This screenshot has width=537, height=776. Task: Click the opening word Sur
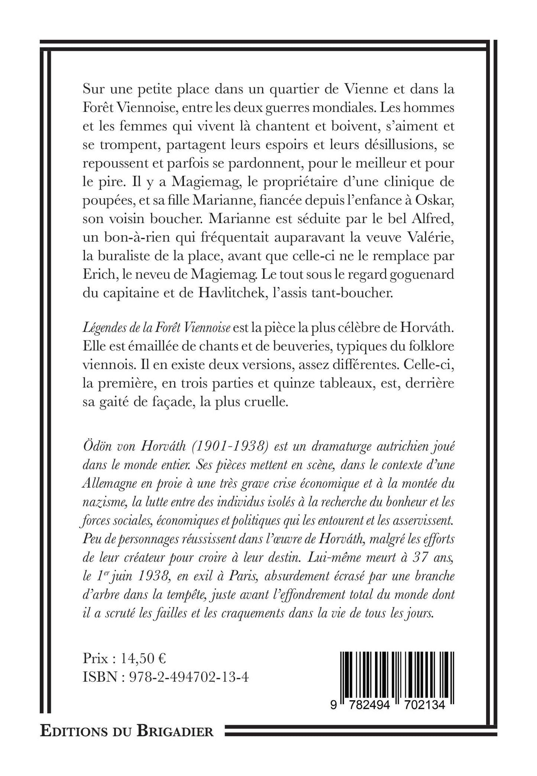click(93, 90)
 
